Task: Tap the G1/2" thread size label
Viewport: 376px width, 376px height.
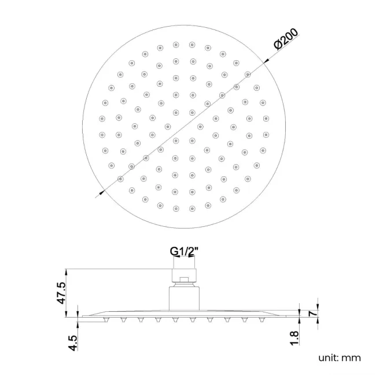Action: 185,251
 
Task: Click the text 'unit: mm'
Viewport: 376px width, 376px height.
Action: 339,357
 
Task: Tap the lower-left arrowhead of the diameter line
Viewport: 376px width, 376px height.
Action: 101,191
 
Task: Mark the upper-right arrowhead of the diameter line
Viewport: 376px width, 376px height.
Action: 266,61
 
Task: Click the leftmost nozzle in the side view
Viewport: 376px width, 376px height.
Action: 106,319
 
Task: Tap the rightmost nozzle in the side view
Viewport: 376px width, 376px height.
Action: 262,319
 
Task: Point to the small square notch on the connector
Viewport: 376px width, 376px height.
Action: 185,281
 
